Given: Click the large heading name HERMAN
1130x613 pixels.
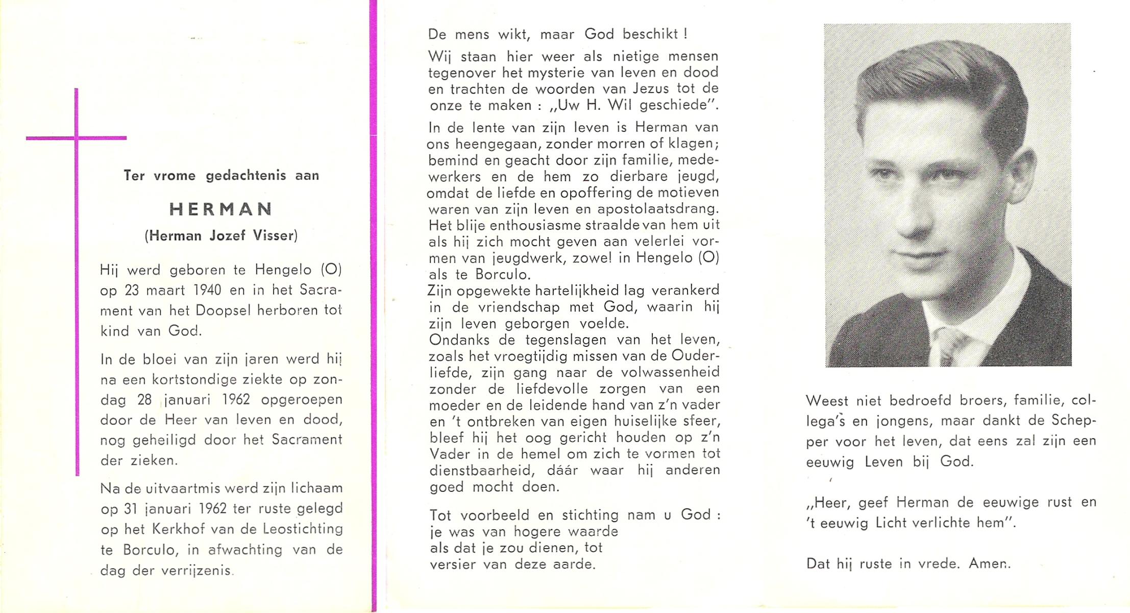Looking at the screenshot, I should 220,209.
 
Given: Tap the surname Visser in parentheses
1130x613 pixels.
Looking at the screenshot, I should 275,236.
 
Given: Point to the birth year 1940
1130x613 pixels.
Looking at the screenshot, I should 207,290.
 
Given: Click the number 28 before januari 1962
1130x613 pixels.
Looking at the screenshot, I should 144,399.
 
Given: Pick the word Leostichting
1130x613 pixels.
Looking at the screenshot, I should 303,529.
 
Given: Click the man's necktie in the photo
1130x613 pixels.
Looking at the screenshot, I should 945,347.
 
